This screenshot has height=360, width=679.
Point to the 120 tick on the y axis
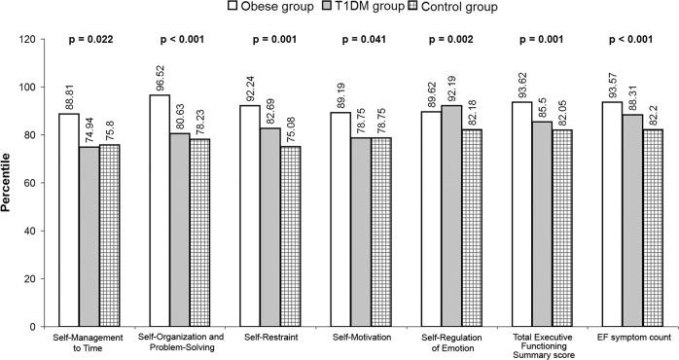[x=38, y=40]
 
